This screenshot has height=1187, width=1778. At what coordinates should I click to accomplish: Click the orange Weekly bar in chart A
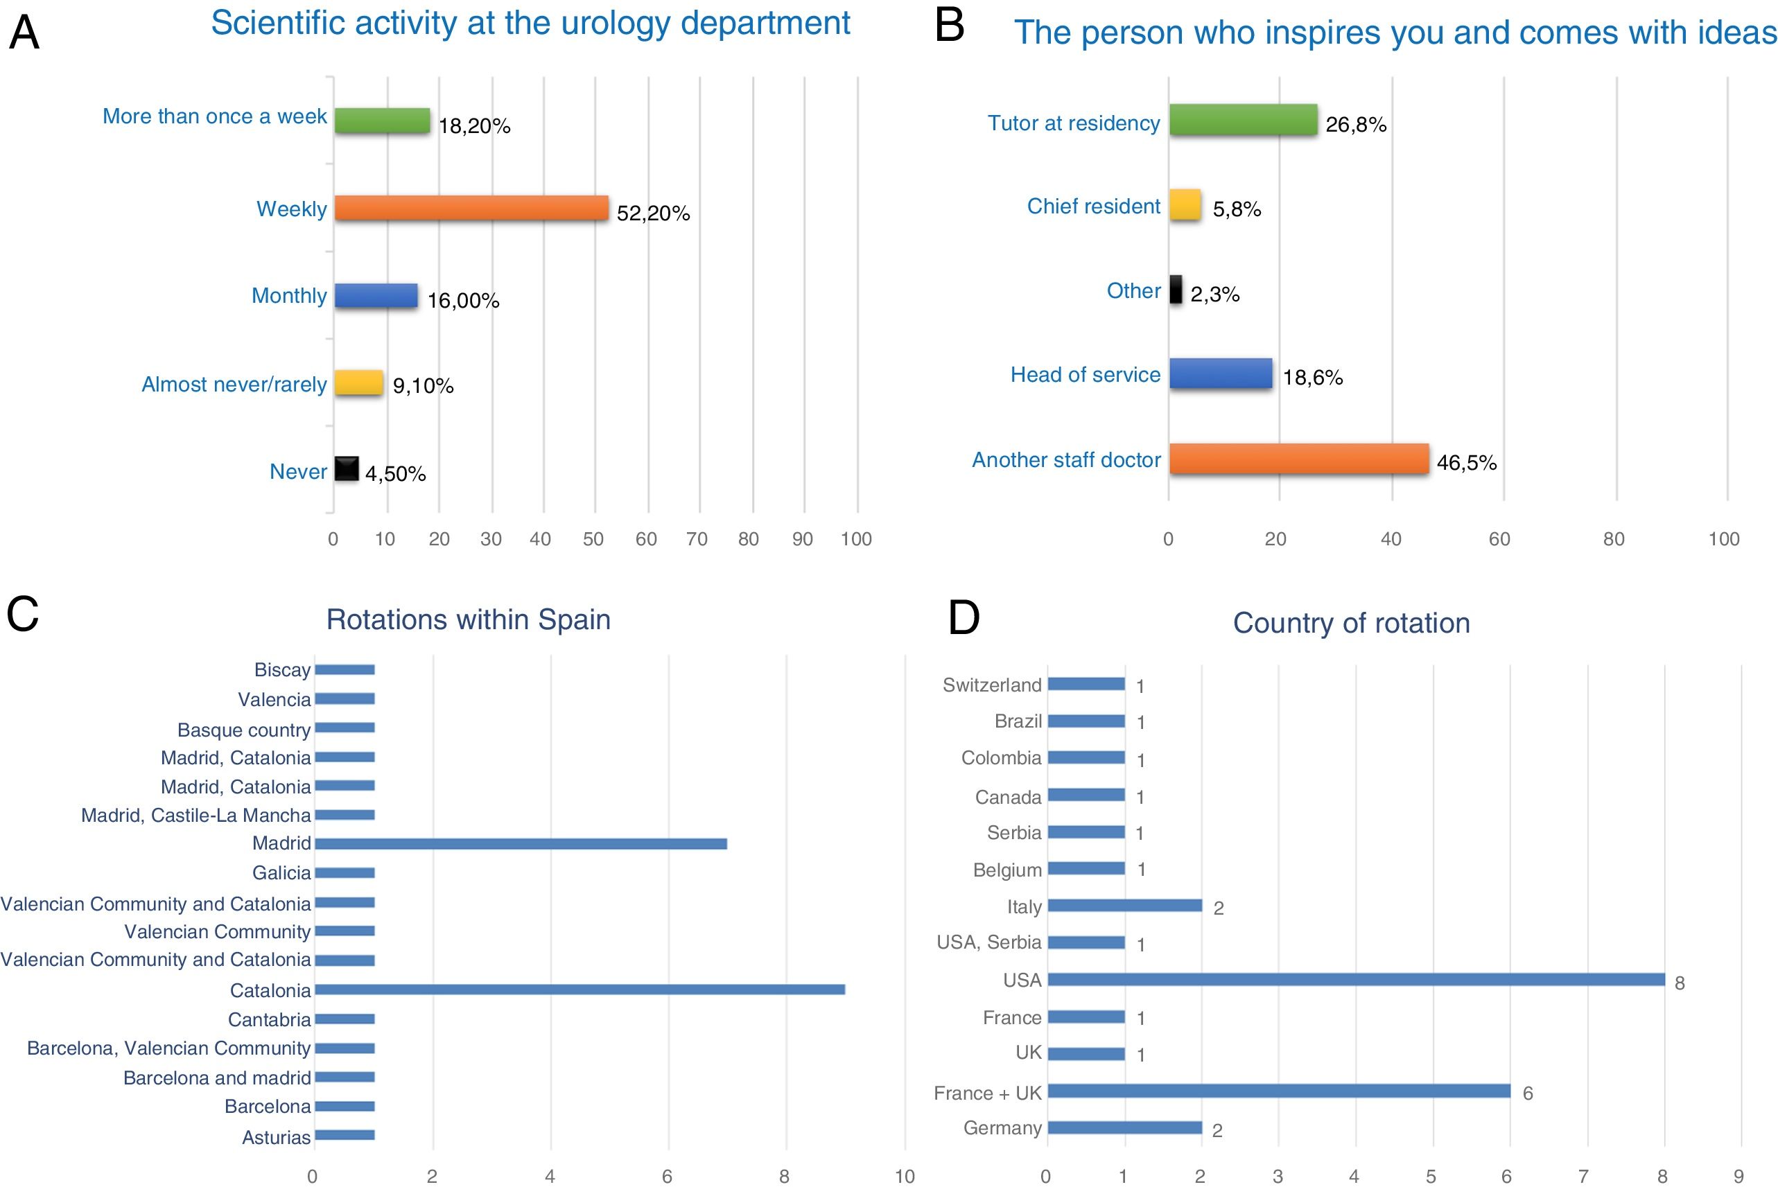pyautogui.click(x=471, y=208)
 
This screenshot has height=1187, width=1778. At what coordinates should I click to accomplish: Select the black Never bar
pyautogui.click(x=346, y=469)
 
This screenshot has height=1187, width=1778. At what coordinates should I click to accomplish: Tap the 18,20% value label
pyautogui.click(x=474, y=125)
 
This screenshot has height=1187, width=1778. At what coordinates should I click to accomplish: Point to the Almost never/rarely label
pyautogui.click(x=234, y=385)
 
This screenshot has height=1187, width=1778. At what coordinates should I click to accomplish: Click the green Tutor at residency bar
pyautogui.click(x=1243, y=120)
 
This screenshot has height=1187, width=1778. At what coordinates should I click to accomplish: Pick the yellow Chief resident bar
pyautogui.click(x=1185, y=205)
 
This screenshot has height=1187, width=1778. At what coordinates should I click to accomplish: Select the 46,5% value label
pyautogui.click(x=1466, y=463)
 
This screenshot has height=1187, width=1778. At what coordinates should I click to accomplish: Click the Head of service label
pyautogui.click(x=1085, y=375)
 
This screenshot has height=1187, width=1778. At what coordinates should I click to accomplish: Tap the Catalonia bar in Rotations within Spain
pyautogui.click(x=579, y=990)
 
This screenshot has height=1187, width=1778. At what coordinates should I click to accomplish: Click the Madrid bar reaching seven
pyautogui.click(x=520, y=843)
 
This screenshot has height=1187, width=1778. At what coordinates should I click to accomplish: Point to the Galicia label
pyautogui.click(x=281, y=873)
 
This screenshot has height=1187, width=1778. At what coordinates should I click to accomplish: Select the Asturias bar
pyautogui.click(x=345, y=1135)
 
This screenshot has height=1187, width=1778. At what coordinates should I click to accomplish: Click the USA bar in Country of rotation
pyautogui.click(x=1355, y=980)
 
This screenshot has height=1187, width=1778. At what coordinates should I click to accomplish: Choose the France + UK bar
pyautogui.click(x=1278, y=1091)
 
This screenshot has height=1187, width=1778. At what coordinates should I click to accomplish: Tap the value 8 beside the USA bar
pyautogui.click(x=1679, y=983)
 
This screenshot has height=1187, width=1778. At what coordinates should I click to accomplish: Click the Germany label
pyautogui.click(x=1002, y=1128)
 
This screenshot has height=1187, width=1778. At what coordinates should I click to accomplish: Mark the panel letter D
pyautogui.click(x=964, y=617)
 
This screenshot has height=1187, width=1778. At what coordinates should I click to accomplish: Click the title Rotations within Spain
pyautogui.click(x=468, y=619)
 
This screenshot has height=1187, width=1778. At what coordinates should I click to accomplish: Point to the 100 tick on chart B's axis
pyautogui.click(x=1723, y=539)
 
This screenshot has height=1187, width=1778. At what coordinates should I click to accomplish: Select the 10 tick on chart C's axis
pyautogui.click(x=904, y=1176)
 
